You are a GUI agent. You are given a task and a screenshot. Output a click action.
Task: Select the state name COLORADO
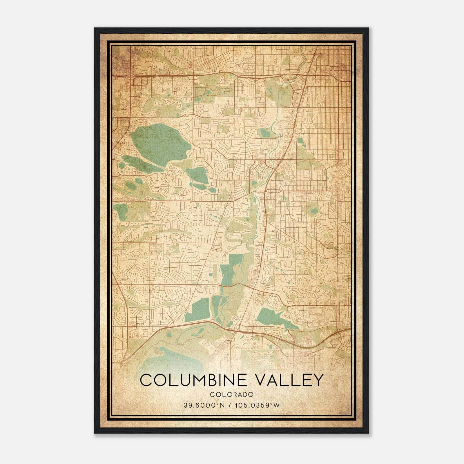pyautogui.click(x=232, y=395)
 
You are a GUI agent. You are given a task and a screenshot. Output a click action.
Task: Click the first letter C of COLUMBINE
pyautogui.click(x=146, y=380)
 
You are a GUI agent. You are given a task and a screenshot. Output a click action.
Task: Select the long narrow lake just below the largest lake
pyautogui.click(x=142, y=164)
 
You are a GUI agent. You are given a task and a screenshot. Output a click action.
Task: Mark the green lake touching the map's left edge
pyautogui.click(x=119, y=211)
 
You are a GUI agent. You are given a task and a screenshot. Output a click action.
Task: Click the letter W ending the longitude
pyautogui.click(x=277, y=405)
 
